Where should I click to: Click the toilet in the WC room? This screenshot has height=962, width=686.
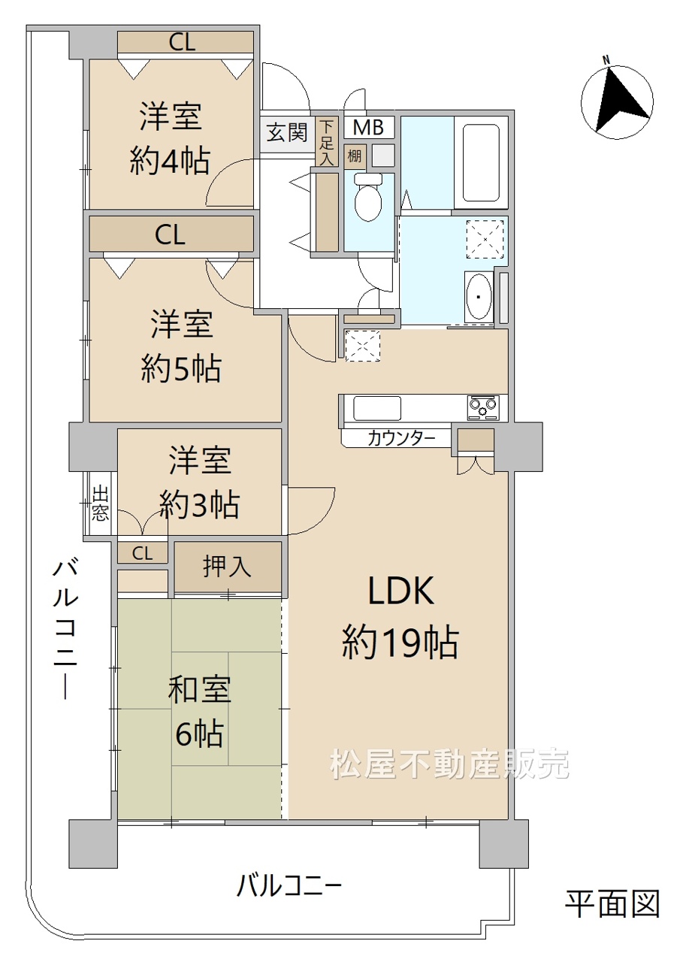(368, 196)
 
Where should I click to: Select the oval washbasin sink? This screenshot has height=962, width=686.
(478, 296)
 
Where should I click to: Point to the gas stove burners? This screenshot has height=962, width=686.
(483, 407)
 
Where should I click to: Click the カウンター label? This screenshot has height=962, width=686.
(401, 438)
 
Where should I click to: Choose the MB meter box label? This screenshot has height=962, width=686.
(368, 127)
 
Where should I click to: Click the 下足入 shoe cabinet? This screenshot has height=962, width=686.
(327, 142)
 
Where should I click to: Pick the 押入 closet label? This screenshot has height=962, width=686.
(227, 567)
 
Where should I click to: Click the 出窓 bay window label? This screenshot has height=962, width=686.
(100, 504)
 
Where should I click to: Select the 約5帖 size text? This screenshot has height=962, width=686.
(181, 368)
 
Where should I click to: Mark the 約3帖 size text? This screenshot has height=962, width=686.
(199, 504)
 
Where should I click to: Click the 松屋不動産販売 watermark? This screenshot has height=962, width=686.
(449, 764)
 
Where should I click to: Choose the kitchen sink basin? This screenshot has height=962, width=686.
(376, 407)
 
